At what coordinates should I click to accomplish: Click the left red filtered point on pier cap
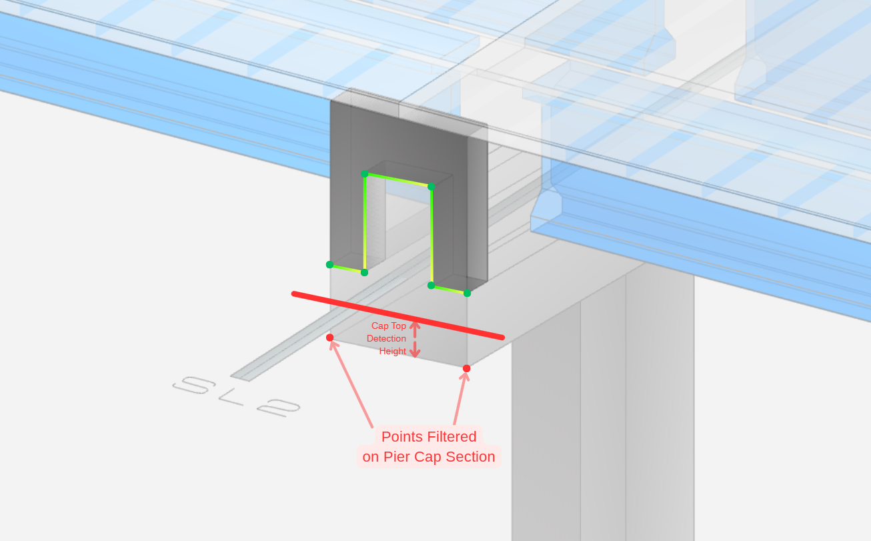329,338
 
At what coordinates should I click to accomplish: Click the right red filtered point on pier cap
466,368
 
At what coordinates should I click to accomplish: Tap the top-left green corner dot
365,174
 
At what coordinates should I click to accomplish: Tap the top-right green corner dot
431,187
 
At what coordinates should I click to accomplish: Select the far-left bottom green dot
329,265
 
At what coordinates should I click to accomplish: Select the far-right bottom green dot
467,293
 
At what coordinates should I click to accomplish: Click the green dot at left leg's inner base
364,272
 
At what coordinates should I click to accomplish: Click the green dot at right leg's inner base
431,286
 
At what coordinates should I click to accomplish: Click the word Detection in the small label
386,339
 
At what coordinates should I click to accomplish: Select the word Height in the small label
393,352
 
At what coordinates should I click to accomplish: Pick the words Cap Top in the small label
389,326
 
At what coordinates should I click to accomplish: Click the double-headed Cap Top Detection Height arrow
415,340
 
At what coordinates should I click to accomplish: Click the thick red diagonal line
397,316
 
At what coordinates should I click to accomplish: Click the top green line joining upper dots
398,180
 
